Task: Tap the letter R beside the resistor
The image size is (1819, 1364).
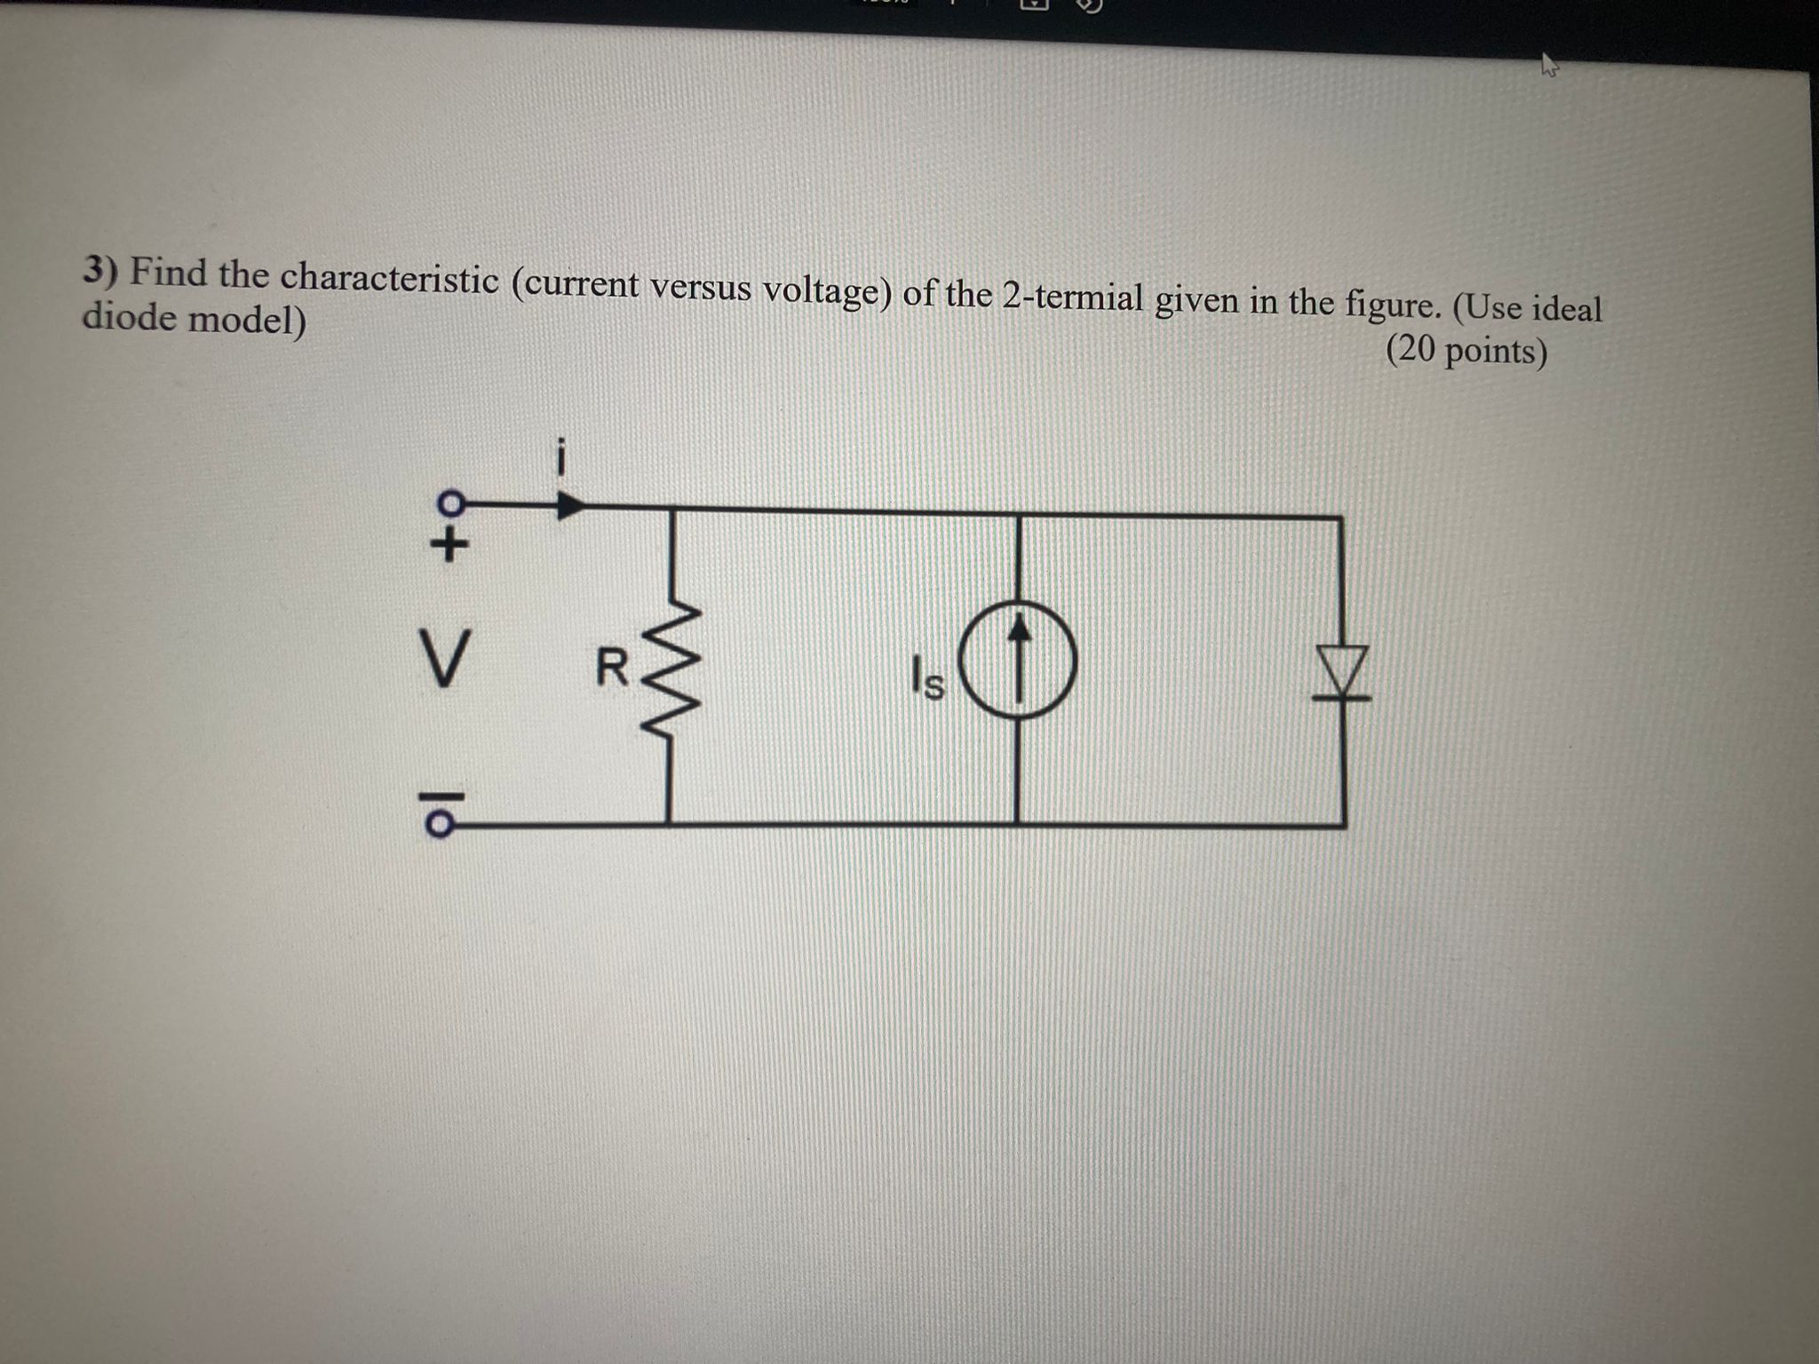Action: pos(611,668)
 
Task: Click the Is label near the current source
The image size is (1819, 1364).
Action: pos(927,679)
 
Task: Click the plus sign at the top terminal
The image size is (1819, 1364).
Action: pos(449,544)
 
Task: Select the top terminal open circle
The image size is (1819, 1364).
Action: pos(451,503)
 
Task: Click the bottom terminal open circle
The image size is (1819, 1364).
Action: pos(440,825)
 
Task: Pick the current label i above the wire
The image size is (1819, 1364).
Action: pos(560,458)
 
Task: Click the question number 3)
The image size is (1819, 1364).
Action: pos(100,270)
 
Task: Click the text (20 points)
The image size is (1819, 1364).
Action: pos(1466,352)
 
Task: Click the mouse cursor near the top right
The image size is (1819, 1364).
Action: pos(1549,64)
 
